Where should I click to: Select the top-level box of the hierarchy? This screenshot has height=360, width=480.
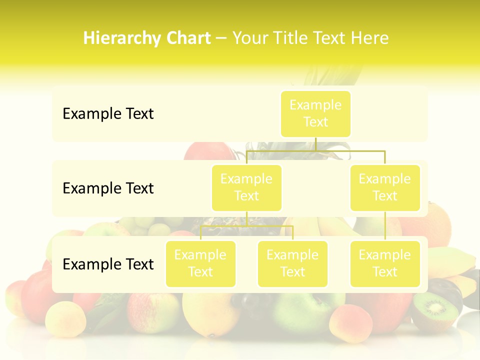click(x=315, y=113)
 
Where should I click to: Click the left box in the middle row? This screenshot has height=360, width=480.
click(x=246, y=187)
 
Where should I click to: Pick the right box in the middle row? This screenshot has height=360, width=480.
click(x=385, y=187)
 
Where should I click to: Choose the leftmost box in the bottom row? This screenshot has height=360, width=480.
click(x=200, y=263)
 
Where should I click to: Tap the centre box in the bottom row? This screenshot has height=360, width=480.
click(x=292, y=263)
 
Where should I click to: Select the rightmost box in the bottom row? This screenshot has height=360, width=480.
click(x=385, y=263)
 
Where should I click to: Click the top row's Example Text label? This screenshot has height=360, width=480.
click(x=108, y=114)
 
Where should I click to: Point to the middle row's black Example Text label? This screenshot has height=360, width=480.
click(x=108, y=188)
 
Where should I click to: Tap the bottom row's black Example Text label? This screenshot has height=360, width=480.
click(x=108, y=264)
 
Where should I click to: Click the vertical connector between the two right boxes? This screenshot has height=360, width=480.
click(x=385, y=226)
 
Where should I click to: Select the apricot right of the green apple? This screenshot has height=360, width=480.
click(x=350, y=322)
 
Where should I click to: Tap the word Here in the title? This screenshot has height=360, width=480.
click(x=369, y=38)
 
